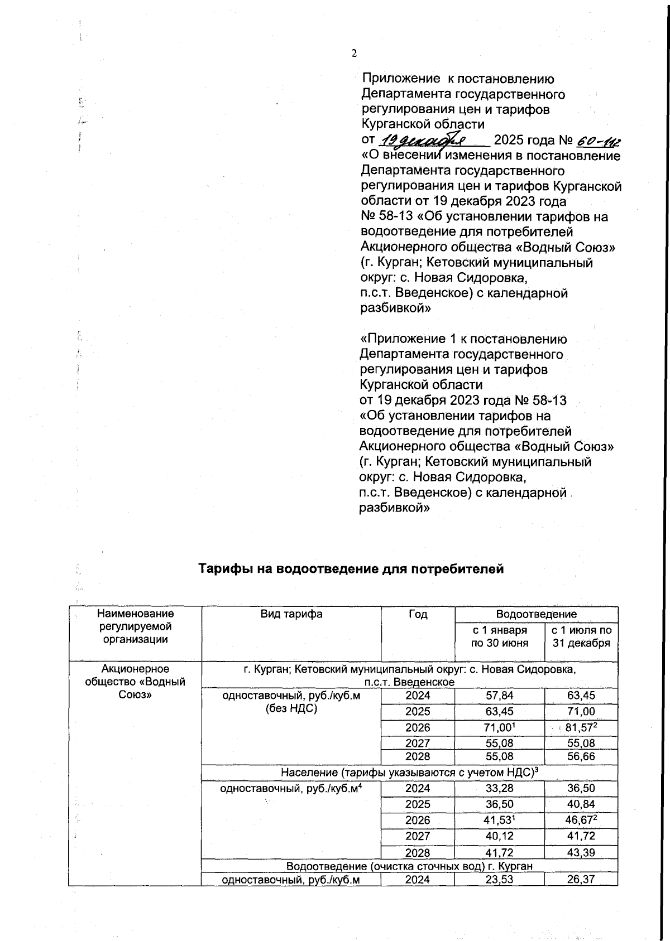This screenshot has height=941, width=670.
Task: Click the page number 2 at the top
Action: (353, 54)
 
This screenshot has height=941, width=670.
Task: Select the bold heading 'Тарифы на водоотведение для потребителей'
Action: (352, 569)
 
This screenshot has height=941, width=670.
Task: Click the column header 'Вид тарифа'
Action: (291, 614)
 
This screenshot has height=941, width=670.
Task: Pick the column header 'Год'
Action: (418, 614)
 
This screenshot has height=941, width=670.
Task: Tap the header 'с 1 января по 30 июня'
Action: (500, 636)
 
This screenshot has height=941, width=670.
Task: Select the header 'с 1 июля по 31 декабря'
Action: (581, 636)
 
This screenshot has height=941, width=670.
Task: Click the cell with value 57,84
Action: (500, 696)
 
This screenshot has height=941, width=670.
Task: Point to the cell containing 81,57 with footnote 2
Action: (581, 727)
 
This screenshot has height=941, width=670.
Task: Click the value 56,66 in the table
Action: (581, 756)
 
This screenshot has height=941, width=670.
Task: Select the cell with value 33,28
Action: (500, 788)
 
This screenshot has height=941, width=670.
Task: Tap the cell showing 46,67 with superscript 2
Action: (581, 820)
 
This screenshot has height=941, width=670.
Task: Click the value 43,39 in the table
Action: (581, 852)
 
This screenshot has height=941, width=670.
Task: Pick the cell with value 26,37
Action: (581, 879)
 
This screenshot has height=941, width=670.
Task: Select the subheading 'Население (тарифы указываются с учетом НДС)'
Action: (409, 772)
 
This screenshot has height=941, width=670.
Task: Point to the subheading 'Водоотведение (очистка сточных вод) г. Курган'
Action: (409, 866)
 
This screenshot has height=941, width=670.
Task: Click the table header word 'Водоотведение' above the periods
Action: (536, 614)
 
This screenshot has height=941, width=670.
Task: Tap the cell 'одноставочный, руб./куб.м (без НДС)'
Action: (291, 702)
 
